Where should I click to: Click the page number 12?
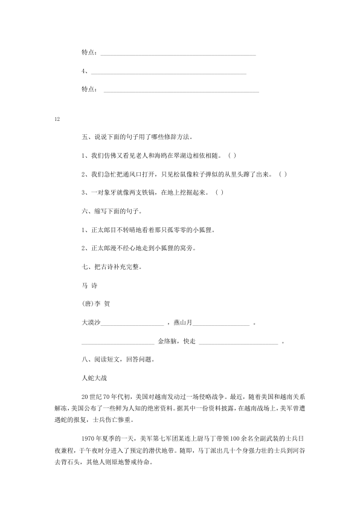point(57,118)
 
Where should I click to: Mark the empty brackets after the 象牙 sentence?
point(219,193)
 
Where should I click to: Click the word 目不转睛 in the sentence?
point(121,230)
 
